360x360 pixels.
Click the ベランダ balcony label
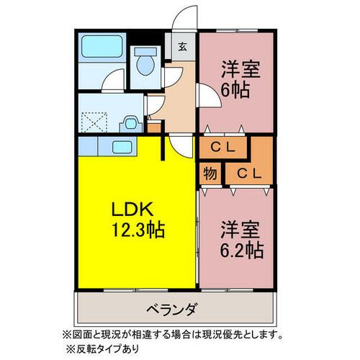[174, 310]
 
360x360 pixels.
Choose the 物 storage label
[210, 174]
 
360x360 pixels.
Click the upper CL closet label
[224, 147]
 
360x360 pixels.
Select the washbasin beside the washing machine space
[130, 123]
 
